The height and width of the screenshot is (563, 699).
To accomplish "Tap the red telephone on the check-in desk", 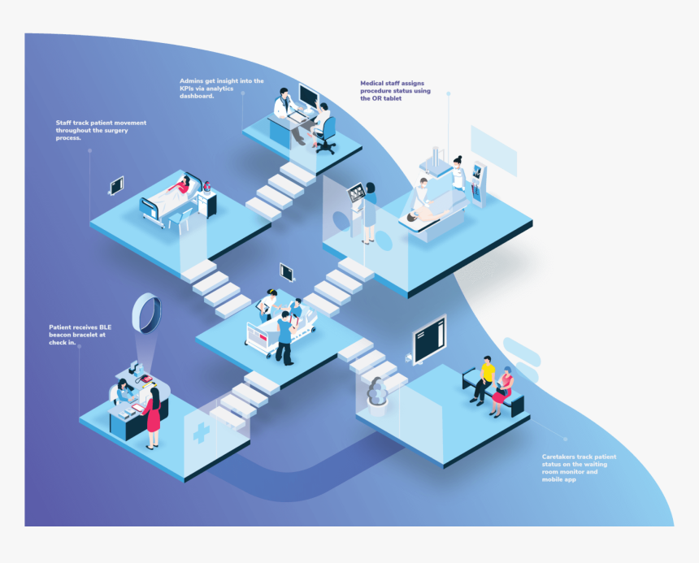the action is [144, 379].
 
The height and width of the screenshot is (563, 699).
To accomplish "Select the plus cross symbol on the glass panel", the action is [201, 432].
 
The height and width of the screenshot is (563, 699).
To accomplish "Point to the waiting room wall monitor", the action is [430, 340].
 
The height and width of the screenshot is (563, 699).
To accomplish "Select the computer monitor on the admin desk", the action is [309, 96].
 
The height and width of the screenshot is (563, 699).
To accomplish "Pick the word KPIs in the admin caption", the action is [187, 89].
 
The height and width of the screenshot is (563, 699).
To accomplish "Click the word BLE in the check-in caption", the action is [105, 327].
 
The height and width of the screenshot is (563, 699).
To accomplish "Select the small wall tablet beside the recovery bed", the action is [116, 186].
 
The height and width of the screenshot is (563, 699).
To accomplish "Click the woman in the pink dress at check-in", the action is [153, 418].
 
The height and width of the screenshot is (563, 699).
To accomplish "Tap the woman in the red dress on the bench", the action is [502, 392].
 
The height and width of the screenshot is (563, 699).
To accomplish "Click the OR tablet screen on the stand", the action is [357, 193].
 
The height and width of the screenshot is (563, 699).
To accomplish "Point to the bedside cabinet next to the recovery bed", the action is [206, 202].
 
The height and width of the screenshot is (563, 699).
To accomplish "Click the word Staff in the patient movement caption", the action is [63, 123].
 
